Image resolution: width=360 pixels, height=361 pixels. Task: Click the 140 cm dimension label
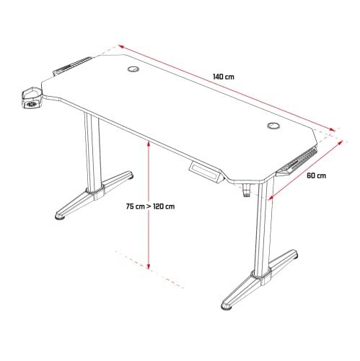tap(223, 77)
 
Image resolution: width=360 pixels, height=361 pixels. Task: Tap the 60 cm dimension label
tap(316, 175)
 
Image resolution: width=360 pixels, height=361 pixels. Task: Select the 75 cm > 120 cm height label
tap(150, 206)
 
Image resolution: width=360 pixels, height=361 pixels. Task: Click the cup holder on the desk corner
tap(32, 98)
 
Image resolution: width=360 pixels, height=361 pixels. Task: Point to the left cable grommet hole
tap(133, 69)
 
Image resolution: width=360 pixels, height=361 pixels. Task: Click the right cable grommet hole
tap(273, 126)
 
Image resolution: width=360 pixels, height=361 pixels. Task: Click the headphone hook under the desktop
tap(246, 191)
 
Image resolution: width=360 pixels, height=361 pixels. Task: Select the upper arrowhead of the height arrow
tap(149, 144)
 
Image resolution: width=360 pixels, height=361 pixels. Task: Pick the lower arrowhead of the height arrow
tap(149, 266)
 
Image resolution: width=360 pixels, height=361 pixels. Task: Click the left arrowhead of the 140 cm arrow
tap(121, 47)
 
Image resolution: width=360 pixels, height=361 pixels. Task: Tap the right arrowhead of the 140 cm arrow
tap(332, 129)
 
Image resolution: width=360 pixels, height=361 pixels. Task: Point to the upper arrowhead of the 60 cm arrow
tap(340, 143)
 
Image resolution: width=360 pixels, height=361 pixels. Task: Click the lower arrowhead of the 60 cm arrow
tap(271, 197)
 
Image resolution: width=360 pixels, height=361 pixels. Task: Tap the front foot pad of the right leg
tap(227, 308)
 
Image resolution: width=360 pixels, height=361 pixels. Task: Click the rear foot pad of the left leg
tap(130, 175)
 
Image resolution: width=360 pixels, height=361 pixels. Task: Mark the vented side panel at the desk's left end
tap(72, 66)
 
